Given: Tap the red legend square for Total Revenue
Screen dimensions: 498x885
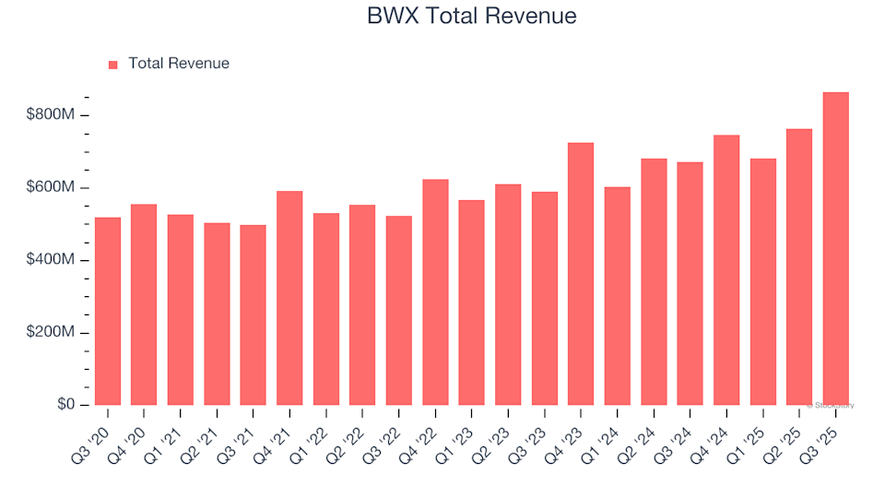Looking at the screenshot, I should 113,65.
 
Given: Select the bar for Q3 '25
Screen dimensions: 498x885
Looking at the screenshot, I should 835,249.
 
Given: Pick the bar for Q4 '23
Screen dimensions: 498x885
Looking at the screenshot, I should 581,274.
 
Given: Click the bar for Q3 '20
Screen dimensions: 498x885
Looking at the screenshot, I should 107,311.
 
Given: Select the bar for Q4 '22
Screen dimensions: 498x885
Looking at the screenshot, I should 435,291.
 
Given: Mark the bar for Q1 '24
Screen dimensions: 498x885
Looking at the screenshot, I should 617,296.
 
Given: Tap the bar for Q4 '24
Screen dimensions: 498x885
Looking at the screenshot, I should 726,270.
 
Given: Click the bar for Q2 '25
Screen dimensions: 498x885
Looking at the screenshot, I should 799,267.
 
